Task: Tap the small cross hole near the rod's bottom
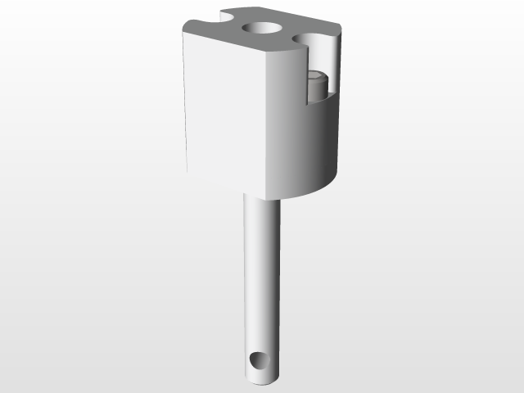pyautogui.click(x=260, y=361)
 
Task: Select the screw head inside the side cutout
pyautogui.click(x=317, y=84)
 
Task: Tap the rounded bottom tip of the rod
pyautogui.click(x=261, y=382)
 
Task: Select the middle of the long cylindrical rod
pyautogui.click(x=261, y=278)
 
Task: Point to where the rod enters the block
pyautogui.click(x=261, y=200)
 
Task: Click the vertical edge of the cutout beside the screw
pyautogui.click(x=308, y=78)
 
